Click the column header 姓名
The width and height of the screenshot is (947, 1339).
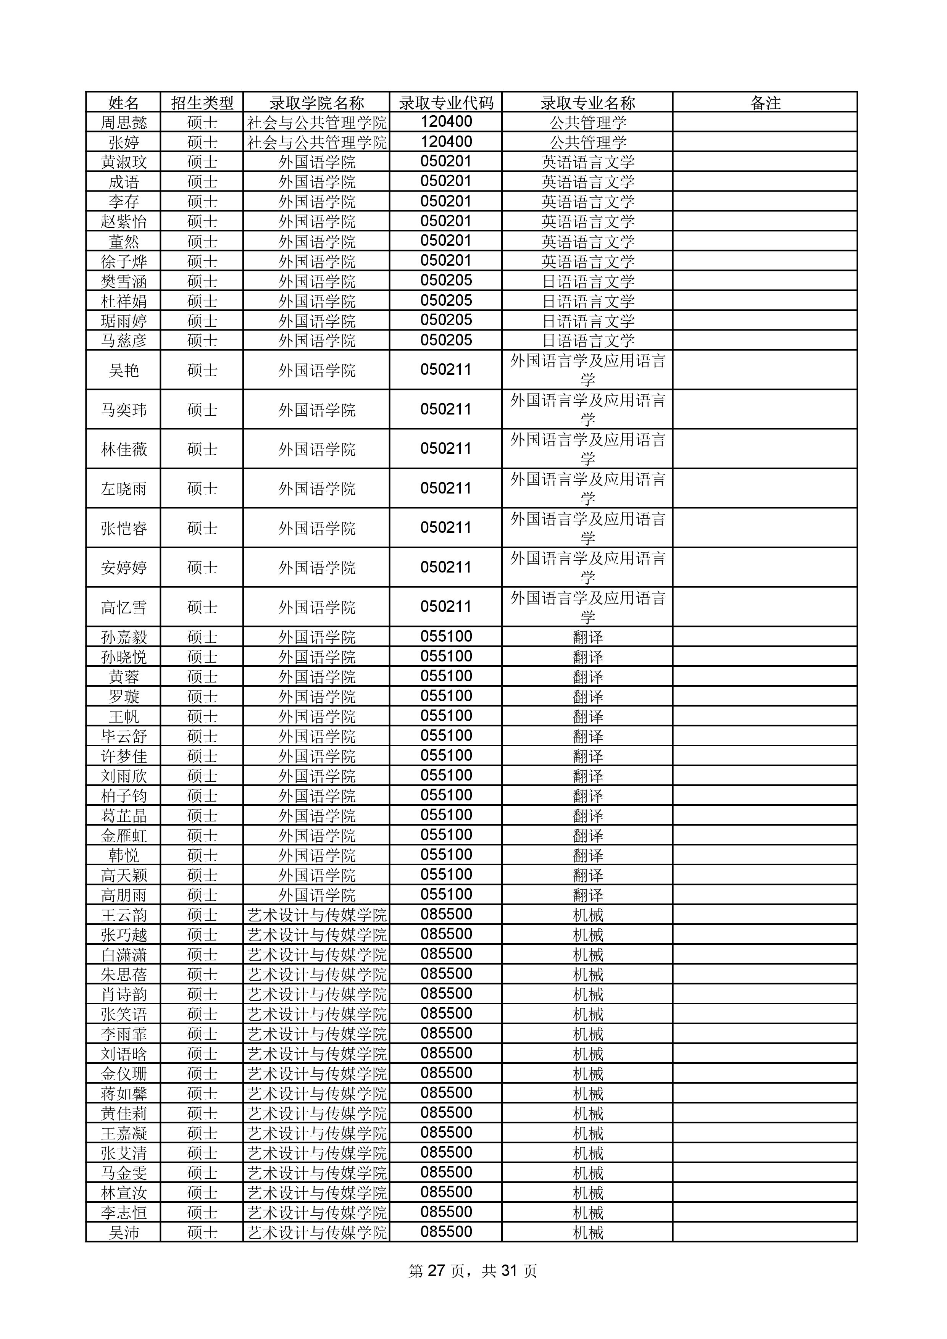coord(124,103)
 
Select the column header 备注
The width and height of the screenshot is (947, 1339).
coord(765,103)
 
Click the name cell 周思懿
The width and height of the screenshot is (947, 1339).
coord(124,123)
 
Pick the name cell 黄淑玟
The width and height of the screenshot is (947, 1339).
coord(124,162)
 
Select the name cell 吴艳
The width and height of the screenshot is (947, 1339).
coord(124,370)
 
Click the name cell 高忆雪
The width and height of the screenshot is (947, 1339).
coord(124,608)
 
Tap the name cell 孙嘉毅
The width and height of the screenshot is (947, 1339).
coord(124,637)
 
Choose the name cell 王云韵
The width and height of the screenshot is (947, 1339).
coord(124,915)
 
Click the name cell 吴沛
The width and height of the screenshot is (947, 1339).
coord(124,1232)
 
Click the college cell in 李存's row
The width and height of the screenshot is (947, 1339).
coord(317,202)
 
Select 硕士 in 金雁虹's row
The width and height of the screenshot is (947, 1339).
coord(202,836)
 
